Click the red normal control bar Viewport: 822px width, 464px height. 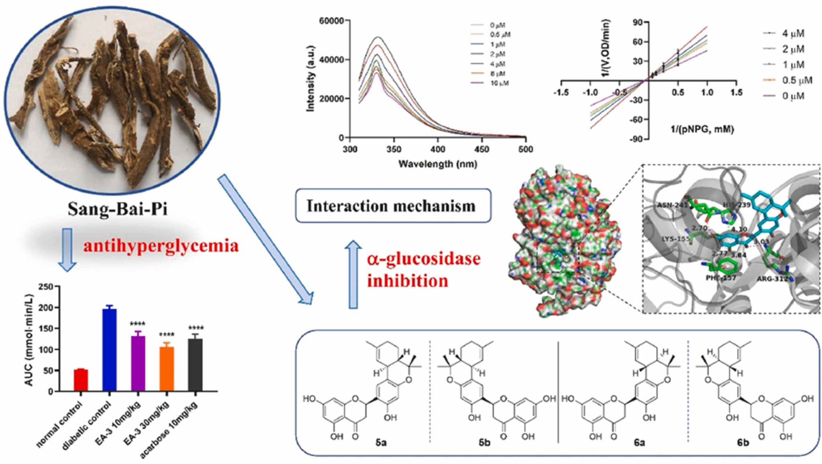click(81, 380)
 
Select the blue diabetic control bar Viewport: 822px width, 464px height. click(110, 349)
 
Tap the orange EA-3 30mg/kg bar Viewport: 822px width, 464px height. click(167, 369)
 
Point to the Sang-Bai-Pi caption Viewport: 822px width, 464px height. click(117, 209)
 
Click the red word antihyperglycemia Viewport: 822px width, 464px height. click(161, 245)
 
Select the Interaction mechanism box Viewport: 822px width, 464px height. click(393, 206)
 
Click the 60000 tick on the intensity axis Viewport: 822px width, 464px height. click(331, 20)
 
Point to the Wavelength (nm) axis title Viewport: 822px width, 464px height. click(437, 164)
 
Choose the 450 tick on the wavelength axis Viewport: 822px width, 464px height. click(482, 149)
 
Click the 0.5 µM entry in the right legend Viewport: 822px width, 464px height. click(797, 80)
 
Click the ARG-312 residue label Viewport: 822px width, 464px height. click(772, 279)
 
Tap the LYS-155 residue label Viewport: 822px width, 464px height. click(676, 239)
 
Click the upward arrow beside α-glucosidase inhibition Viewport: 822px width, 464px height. click(353, 274)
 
